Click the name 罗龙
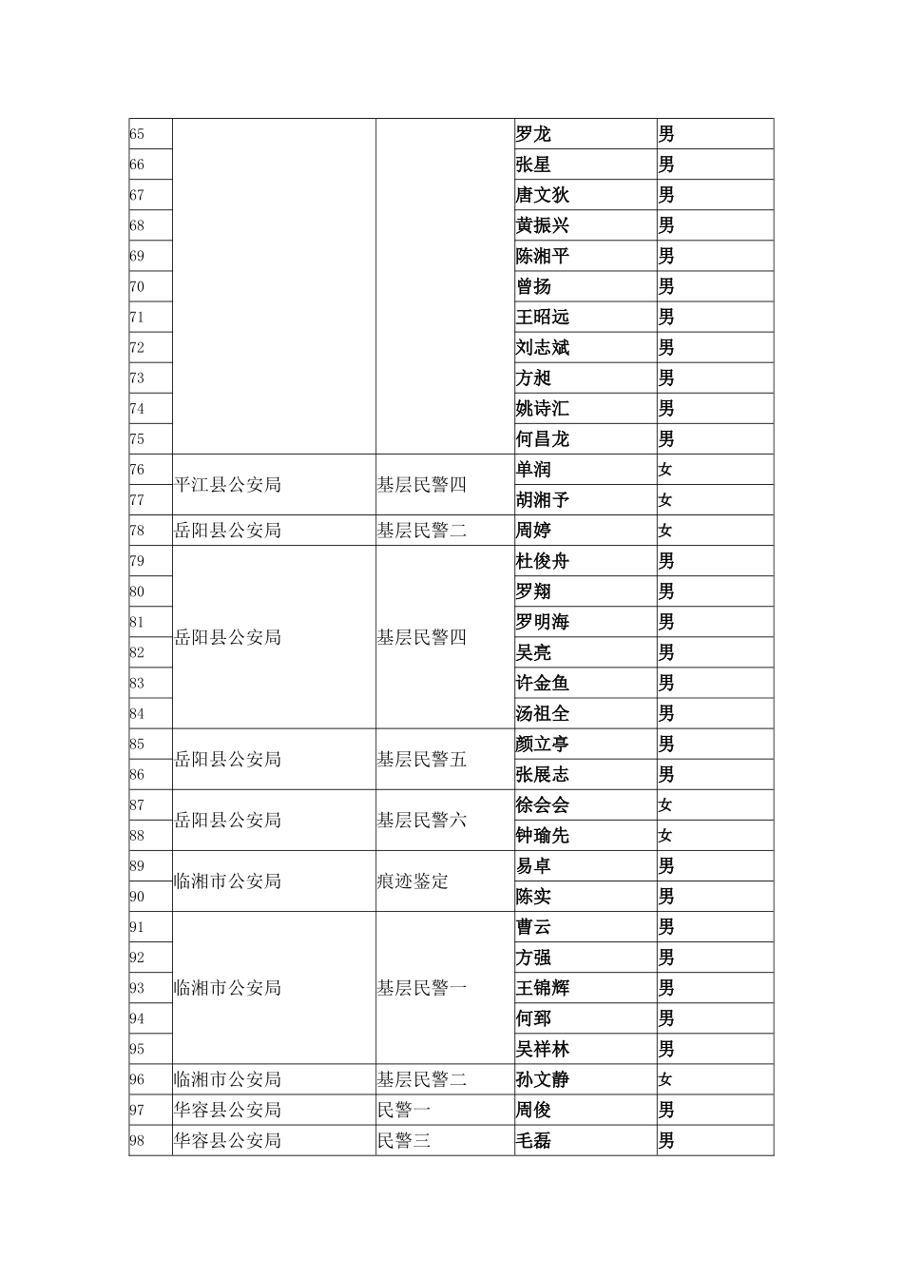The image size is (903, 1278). point(533,134)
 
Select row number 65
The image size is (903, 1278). point(137,134)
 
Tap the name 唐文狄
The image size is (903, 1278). point(542,195)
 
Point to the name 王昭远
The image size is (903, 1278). point(542,317)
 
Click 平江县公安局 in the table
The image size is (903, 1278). point(227,484)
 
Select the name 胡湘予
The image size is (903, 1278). point(542,499)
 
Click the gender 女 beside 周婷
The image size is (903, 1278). point(665,530)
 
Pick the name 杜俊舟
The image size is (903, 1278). point(542,561)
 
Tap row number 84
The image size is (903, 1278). point(137,713)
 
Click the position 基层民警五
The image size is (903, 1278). point(421,759)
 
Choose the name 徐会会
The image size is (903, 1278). point(542,804)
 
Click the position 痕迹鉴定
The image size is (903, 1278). point(413,881)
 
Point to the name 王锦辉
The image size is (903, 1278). point(542,988)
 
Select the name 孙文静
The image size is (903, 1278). point(542,1079)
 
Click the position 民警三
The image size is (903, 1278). point(404,1140)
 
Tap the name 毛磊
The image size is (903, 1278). point(533,1140)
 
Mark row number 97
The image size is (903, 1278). point(137,1110)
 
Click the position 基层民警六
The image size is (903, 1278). point(421,820)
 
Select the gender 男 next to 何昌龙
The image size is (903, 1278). point(666,438)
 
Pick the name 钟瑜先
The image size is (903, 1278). point(542,835)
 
